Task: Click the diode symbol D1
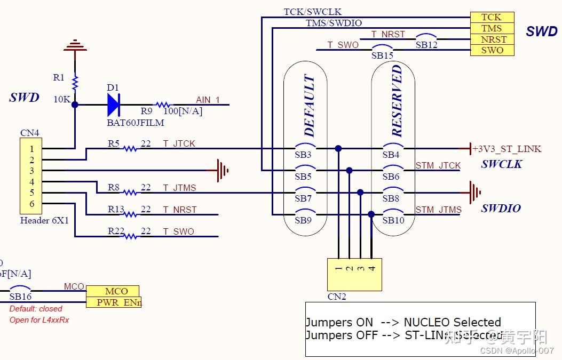pyautogui.click(x=113, y=105)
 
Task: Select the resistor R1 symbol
pyautogui.click(x=75, y=83)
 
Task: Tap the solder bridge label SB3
pyautogui.click(x=303, y=155)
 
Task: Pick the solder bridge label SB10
pyautogui.click(x=393, y=220)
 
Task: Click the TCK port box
pyautogui.click(x=492, y=17)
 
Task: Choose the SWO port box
pyautogui.click(x=492, y=50)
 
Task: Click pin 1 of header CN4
pyautogui.click(x=32, y=149)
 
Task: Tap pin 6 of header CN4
pyautogui.click(x=32, y=204)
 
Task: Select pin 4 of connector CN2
pyautogui.click(x=372, y=268)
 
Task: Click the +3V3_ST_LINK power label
pyautogui.click(x=506, y=149)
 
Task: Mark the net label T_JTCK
pyautogui.click(x=179, y=143)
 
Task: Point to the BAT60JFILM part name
pyautogui.click(x=135, y=123)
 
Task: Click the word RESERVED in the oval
pyautogui.click(x=397, y=101)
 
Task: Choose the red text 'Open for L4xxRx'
pyautogui.click(x=39, y=320)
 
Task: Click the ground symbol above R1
pyautogui.click(x=75, y=46)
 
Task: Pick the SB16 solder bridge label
pyautogui.click(x=20, y=296)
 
